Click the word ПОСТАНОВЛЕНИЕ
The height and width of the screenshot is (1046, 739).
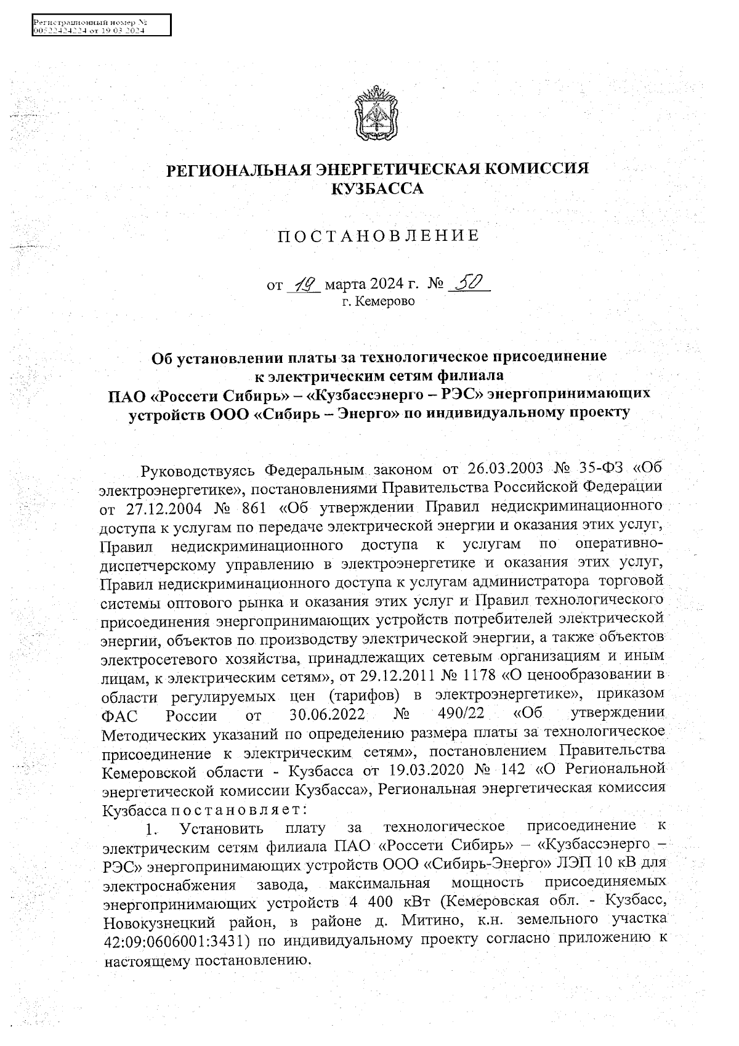point(378,237)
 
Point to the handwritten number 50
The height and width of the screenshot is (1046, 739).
point(470,283)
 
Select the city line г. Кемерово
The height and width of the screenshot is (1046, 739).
point(378,302)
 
